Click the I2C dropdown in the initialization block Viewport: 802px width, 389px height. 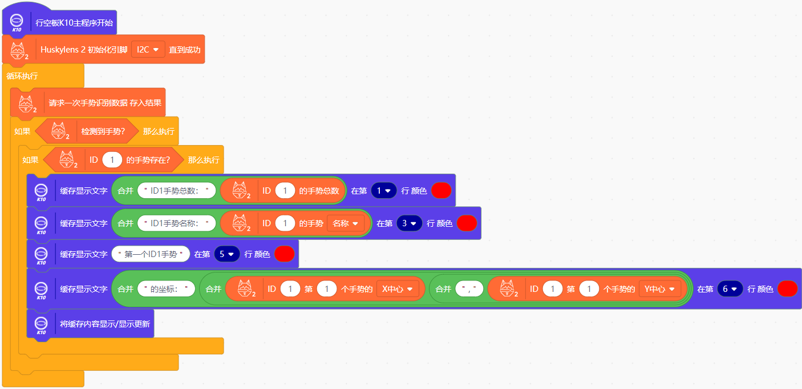148,50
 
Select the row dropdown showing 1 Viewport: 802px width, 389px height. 383,191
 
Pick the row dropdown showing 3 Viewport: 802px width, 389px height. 409,223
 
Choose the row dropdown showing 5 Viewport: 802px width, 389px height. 227,254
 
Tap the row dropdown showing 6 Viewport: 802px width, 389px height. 730,289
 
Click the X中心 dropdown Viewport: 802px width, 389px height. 398,289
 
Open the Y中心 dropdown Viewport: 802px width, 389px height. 659,289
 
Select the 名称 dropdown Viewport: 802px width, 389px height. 345,223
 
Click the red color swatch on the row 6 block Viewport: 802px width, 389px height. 787,289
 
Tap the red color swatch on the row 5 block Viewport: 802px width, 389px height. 284,254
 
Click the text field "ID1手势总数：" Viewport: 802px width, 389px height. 176,191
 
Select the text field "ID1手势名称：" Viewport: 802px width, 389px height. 176,223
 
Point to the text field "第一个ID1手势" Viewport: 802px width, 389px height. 151,254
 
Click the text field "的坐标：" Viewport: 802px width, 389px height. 166,289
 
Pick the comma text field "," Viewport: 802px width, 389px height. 469,289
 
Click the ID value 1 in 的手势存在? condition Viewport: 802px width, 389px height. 112,160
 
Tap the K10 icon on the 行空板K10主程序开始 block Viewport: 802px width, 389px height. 17,23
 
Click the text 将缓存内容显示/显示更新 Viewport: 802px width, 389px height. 105,324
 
